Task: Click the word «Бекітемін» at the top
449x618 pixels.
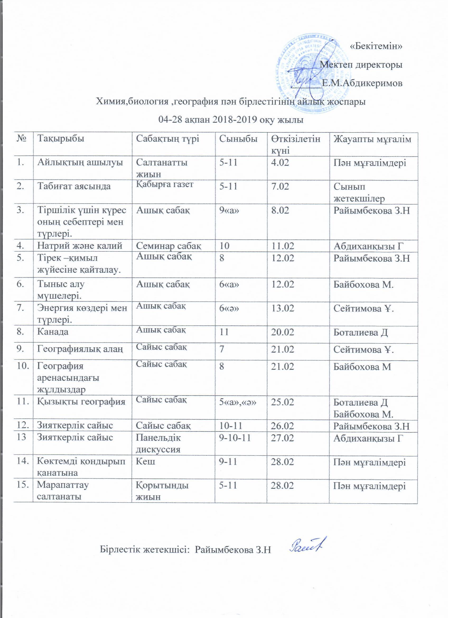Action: coord(376,46)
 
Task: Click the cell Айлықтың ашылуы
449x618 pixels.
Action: coord(80,163)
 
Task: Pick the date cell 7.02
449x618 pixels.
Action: coord(280,187)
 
